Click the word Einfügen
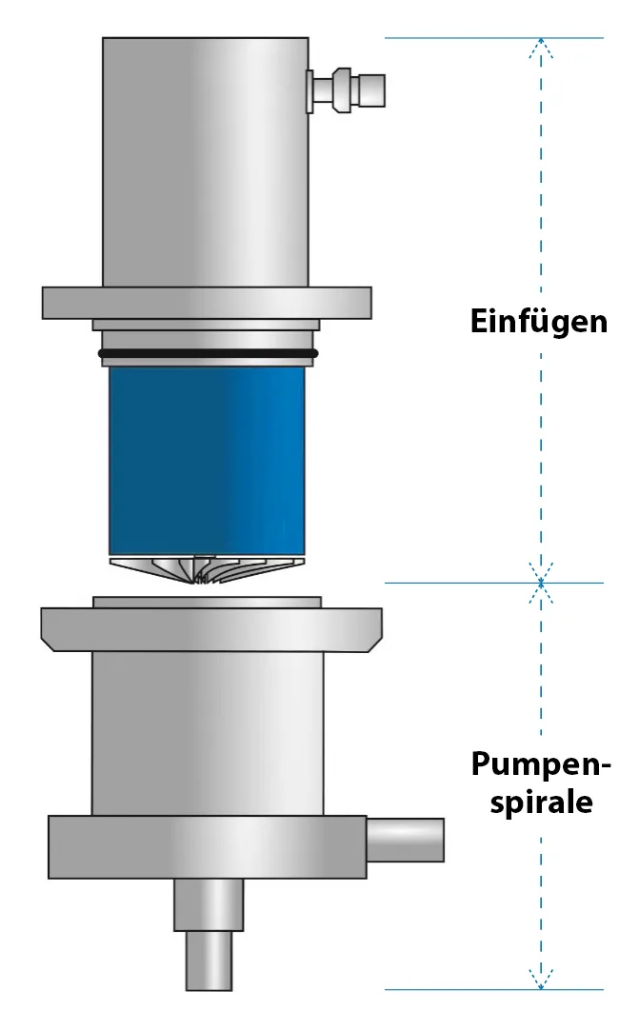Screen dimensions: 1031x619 coord(538,320)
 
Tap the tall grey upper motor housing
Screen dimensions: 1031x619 coord(206,162)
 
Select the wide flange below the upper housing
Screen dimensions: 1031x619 coord(207,302)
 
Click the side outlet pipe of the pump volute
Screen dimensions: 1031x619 coord(405,839)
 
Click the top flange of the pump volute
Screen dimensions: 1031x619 coord(210,629)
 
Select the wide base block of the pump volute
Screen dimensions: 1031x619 coord(207,846)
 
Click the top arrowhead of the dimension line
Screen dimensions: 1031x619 coord(541,45)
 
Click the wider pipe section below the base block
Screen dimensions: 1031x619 coord(209,904)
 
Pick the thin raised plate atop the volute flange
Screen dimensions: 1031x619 coord(207,602)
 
